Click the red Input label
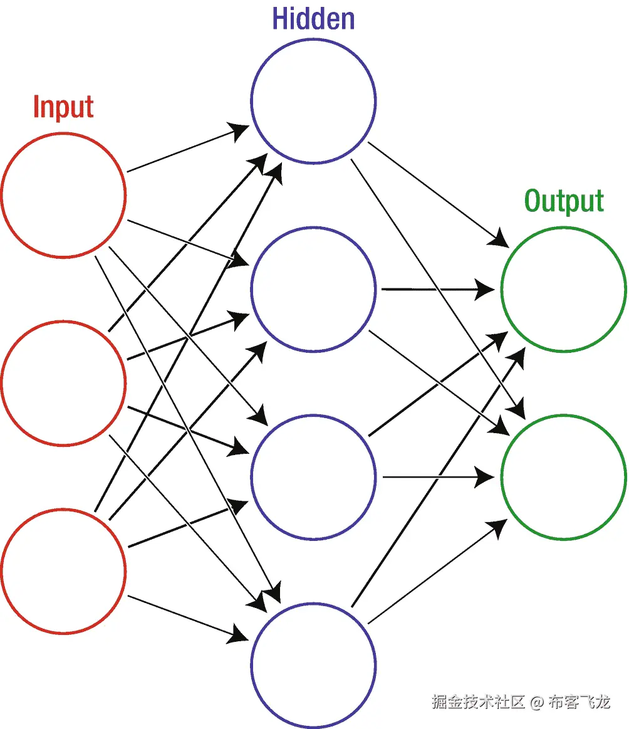coord(63,107)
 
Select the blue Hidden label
coord(313,19)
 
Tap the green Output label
coord(564,201)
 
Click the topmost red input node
coord(63,195)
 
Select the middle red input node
coord(63,382)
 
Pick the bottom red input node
coord(63,571)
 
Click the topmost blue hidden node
coord(313,101)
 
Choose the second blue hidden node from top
coord(313,289)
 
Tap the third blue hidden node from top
coord(313,477)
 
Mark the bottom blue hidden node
coord(313,665)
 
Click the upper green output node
coord(564,289)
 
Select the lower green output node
coord(564,477)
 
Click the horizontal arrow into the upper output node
coord(439,290)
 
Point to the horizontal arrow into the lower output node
coord(439,478)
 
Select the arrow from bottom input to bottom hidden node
coord(188,617)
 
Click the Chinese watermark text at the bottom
coord(520,701)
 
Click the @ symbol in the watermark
coord(537,702)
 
